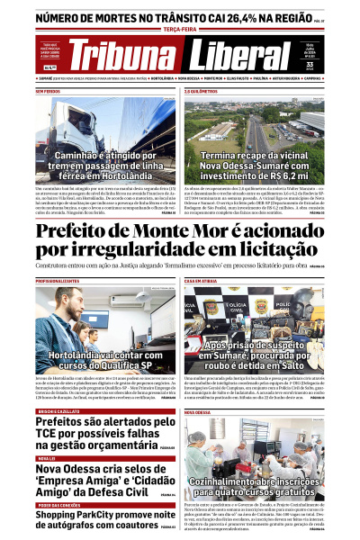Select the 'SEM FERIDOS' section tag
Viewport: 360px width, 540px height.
click(x=48, y=92)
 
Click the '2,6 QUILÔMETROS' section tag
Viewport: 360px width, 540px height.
click(x=202, y=92)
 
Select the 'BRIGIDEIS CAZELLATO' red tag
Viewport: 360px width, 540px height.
click(x=58, y=411)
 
